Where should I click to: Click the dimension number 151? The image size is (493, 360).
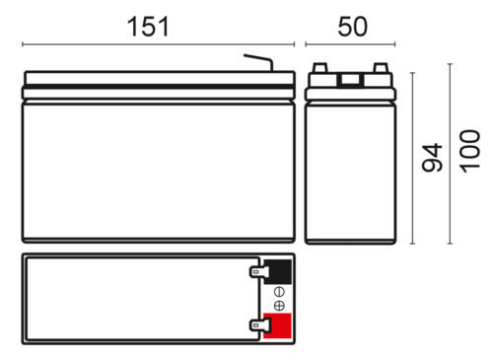(x=148, y=27)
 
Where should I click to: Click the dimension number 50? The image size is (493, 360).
(x=352, y=27)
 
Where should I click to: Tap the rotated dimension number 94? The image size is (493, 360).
(x=432, y=158)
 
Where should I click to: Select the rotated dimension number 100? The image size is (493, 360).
(x=470, y=151)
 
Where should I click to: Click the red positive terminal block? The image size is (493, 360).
(x=277, y=325)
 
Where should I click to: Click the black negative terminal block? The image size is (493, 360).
(x=278, y=271)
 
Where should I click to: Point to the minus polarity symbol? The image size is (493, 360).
(x=279, y=292)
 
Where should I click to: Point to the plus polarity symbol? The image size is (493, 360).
(x=279, y=306)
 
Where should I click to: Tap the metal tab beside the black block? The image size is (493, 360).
(x=259, y=272)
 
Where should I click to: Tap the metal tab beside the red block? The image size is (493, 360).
(x=259, y=325)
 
